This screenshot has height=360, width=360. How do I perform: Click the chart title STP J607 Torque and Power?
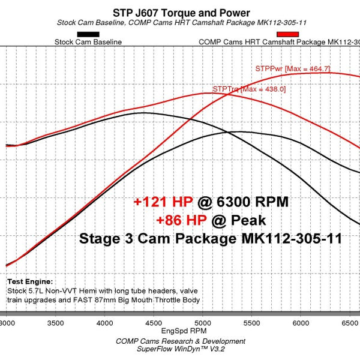tap(181, 13)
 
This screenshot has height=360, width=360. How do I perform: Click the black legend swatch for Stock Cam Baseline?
tap(88, 34)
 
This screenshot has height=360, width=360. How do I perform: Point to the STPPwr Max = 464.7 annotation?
tap(293, 69)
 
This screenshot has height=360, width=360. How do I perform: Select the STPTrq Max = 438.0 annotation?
tap(249, 89)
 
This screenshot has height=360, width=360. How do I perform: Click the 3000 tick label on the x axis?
tap(7, 322)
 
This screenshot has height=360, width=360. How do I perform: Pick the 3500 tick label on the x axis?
tap(56, 322)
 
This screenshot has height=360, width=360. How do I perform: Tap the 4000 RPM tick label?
tap(105, 322)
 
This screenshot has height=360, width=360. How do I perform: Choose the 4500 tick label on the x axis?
tap(154, 322)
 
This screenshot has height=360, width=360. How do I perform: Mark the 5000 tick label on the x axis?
tap(203, 322)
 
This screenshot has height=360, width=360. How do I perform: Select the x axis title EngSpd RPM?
tap(181, 331)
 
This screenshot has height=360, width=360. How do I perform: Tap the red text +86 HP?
tap(182, 220)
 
